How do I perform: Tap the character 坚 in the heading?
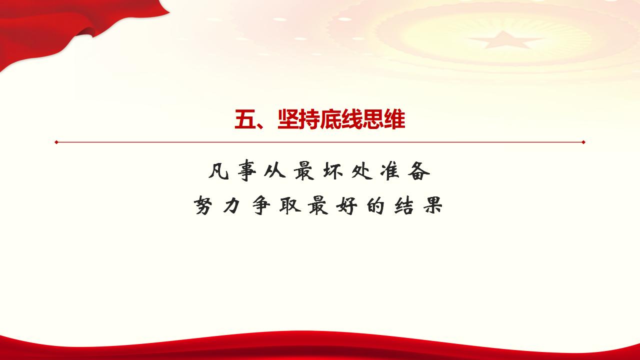tap(288, 120)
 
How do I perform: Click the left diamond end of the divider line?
tap(56, 142)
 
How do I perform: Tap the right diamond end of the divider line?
tap(583, 142)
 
